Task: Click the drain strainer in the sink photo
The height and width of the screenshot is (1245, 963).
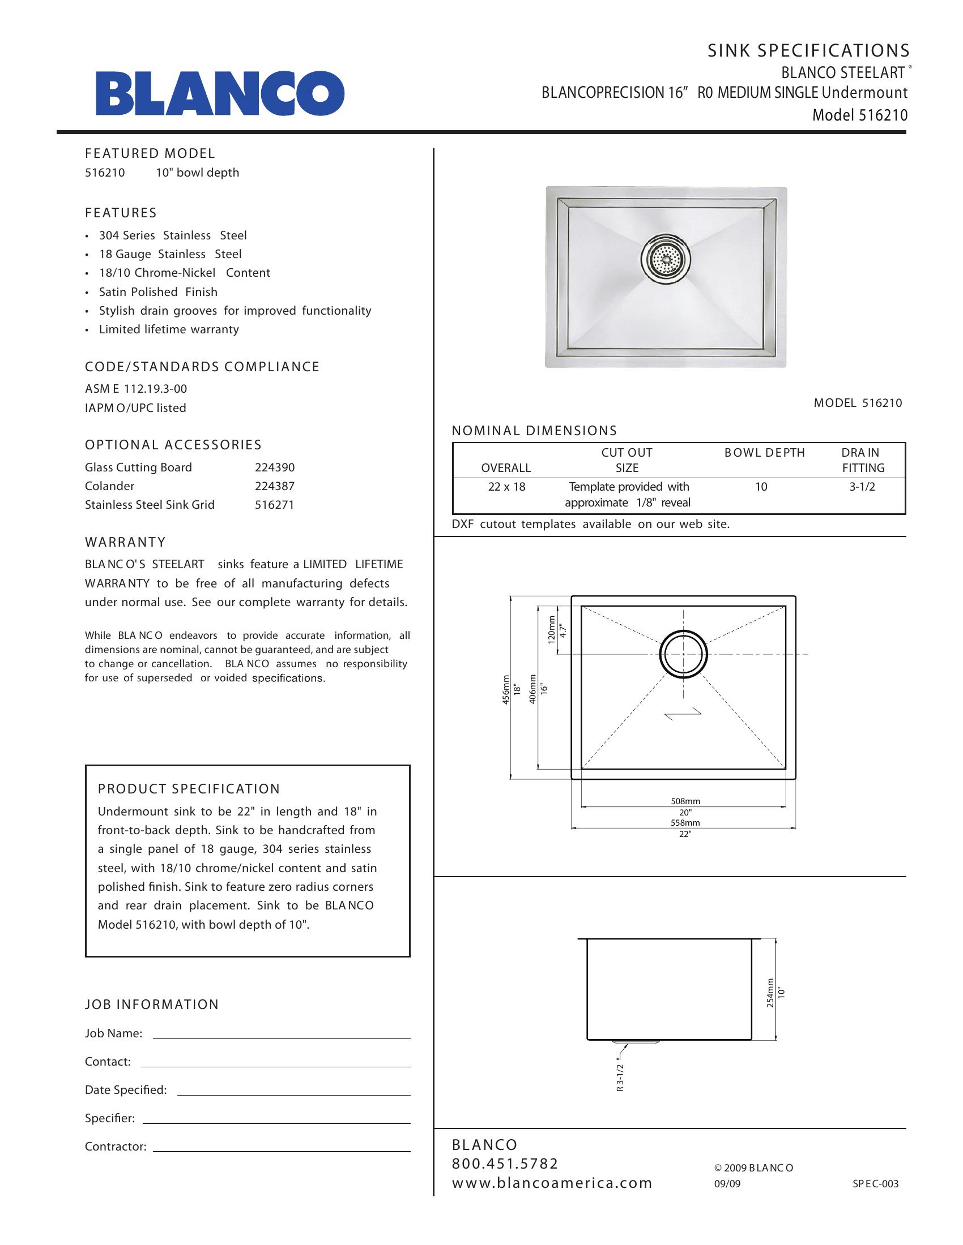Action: point(665,259)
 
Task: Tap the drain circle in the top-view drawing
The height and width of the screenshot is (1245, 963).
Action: point(684,654)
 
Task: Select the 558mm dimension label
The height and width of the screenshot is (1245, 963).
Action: point(685,823)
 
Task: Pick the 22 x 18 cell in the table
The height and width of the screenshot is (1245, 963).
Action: point(506,487)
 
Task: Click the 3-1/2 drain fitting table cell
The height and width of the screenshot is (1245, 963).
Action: point(862,487)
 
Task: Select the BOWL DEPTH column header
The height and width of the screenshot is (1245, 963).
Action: point(765,453)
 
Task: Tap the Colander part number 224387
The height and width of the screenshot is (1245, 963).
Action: point(274,486)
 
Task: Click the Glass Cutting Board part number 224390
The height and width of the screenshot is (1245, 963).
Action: point(274,467)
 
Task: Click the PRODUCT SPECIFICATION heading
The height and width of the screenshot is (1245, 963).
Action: point(189,789)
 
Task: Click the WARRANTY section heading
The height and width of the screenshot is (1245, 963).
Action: point(126,542)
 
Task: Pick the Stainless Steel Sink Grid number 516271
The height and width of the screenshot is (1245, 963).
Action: point(274,505)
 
